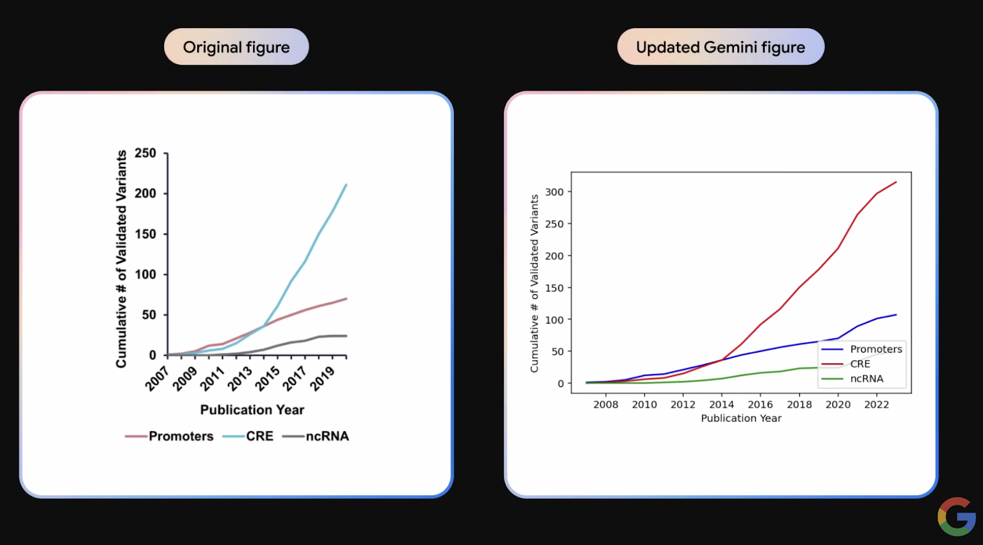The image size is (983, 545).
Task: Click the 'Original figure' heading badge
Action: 236,47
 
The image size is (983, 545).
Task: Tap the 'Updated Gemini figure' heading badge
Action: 720,47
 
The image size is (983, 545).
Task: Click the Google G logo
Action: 957,516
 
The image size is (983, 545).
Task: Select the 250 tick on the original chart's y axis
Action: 146,153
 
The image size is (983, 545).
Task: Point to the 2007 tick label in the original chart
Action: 157,378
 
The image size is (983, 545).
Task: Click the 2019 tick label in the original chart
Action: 322,378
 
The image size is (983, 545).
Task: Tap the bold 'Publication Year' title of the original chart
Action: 252,410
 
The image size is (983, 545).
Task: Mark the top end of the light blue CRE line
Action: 347,184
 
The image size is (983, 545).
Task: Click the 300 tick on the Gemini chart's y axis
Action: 554,192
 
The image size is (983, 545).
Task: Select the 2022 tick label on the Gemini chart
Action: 877,404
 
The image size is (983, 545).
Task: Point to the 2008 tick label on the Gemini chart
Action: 606,404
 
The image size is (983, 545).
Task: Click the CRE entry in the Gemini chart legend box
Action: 860,364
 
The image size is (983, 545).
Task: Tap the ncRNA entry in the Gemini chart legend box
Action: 866,378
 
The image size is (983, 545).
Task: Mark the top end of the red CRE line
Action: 896,182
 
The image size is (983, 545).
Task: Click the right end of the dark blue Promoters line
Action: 896,315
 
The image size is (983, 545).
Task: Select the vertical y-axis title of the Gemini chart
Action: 535,283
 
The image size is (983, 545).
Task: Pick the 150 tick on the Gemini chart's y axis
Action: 554,288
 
